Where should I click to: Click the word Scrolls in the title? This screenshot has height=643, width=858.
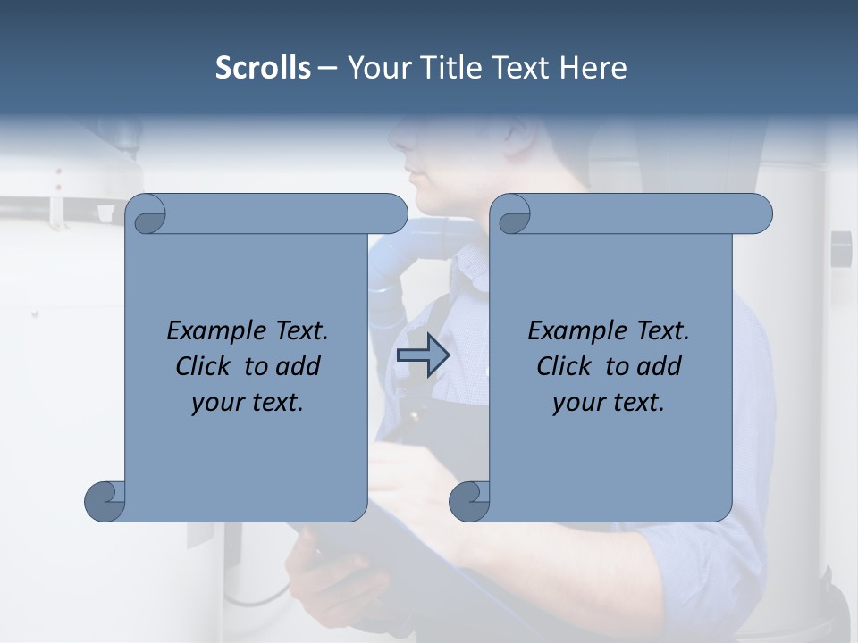point(263,68)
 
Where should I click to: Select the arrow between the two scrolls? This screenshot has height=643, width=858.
point(423,355)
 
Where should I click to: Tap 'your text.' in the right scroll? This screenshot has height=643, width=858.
point(609,402)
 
